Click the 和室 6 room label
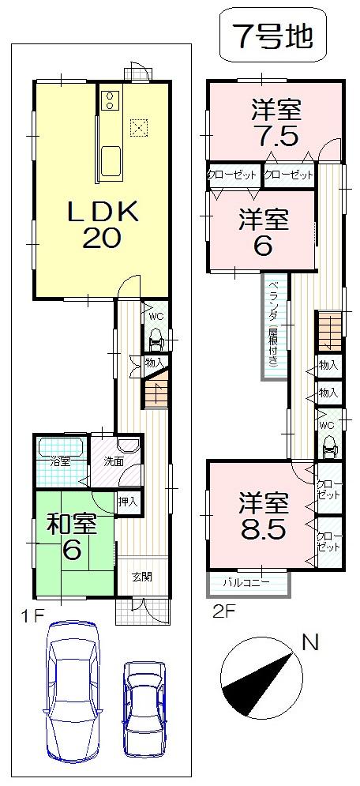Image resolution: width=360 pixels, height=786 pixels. (71, 538)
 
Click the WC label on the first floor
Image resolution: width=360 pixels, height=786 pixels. (156, 317)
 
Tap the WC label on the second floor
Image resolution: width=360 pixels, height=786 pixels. (327, 425)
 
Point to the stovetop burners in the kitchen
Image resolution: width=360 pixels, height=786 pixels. (110, 100)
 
